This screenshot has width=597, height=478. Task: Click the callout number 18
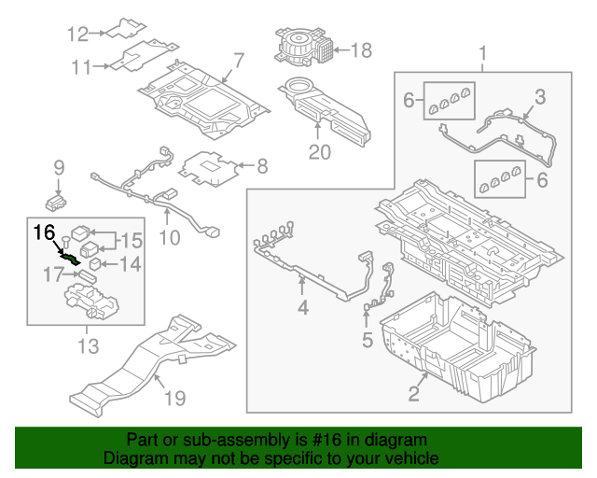361,49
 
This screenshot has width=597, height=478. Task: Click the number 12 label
77,35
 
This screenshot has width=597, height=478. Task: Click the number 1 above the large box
482,53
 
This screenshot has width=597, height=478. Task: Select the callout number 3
539,97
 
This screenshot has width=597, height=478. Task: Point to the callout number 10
169,237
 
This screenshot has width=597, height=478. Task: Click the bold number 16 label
46,232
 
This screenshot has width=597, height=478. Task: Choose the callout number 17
54,275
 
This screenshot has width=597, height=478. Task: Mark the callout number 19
174,399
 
